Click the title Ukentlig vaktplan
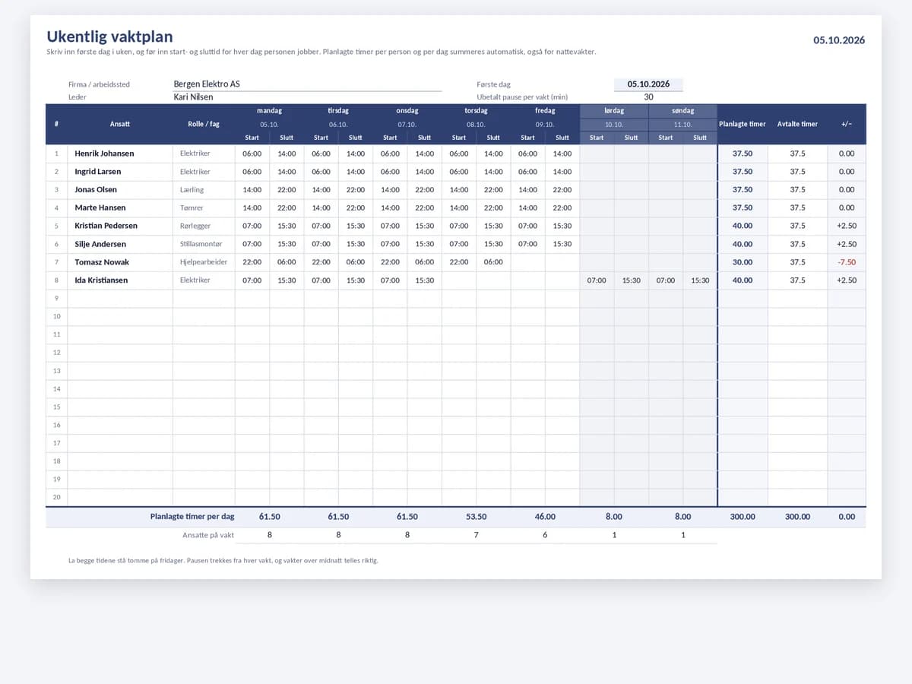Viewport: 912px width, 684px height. pyautogui.click(x=109, y=37)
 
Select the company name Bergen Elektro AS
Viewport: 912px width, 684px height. pyautogui.click(x=207, y=84)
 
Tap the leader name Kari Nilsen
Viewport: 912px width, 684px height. pyautogui.click(x=193, y=97)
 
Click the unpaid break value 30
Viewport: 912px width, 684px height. pyautogui.click(x=648, y=97)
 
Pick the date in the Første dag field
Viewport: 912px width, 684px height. pyautogui.click(x=648, y=84)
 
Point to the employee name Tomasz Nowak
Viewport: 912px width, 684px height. pyautogui.click(x=102, y=262)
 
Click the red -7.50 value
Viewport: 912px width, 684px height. pyautogui.click(x=847, y=262)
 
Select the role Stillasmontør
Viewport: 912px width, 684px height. pyautogui.click(x=201, y=244)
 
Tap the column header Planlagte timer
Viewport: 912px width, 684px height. pyautogui.click(x=742, y=124)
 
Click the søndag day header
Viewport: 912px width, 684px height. pyautogui.click(x=682, y=110)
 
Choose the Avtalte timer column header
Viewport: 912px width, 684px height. pyautogui.click(x=797, y=124)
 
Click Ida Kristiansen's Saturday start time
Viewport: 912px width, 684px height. pyautogui.click(x=597, y=280)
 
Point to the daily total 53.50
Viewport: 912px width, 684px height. pyautogui.click(x=476, y=517)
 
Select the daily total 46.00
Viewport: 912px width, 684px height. pyautogui.click(x=545, y=517)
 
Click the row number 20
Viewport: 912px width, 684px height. pyautogui.click(x=56, y=497)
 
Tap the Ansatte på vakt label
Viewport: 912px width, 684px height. pyautogui.click(x=208, y=535)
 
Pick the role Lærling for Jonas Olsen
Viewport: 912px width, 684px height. pyautogui.click(x=192, y=190)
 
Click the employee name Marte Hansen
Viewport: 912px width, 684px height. pyautogui.click(x=100, y=207)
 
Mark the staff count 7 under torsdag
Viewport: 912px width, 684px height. pyautogui.click(x=477, y=535)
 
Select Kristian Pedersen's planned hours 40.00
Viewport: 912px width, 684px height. pyautogui.click(x=742, y=226)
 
